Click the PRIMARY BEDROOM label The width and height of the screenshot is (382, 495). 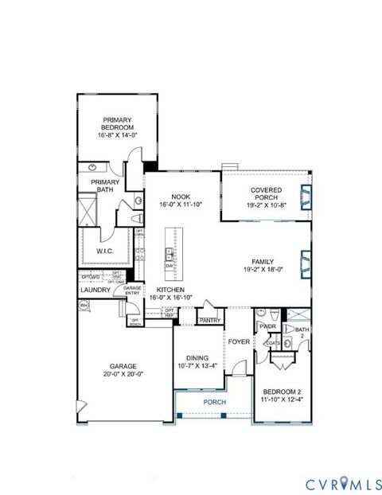[x=116, y=123]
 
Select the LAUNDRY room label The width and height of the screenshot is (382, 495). [x=95, y=290]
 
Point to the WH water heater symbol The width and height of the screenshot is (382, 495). [x=84, y=304]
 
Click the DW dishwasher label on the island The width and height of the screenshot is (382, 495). [x=170, y=267]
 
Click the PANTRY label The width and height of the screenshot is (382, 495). [x=210, y=320]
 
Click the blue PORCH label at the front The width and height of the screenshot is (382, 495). [x=214, y=403]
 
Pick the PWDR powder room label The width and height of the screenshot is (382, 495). [x=267, y=325]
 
